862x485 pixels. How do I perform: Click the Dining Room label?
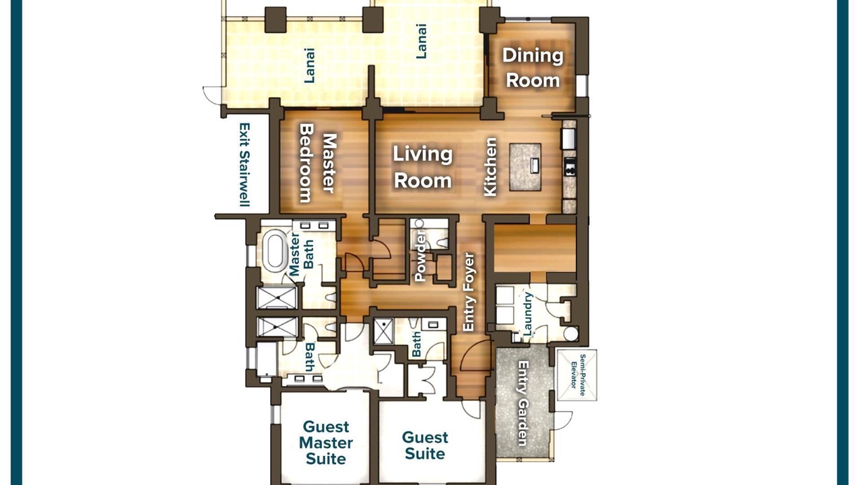pos(533,68)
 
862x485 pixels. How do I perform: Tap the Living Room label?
pos(422,168)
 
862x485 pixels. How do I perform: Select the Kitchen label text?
pos(490,167)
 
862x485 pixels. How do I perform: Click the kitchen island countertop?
pos(525,167)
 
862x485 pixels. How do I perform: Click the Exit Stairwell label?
pos(244,164)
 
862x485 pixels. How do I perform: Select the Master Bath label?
pos(301,255)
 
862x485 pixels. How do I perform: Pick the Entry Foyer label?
pos(468,292)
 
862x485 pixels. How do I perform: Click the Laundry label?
pos(527,313)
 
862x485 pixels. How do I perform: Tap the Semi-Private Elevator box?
pos(577,375)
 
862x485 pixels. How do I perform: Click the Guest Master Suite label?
pos(325,443)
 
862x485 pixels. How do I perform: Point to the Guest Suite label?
pos(425,445)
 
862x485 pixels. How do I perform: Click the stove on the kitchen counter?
pos(570,166)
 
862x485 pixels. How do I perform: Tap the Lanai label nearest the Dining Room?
pos(422,41)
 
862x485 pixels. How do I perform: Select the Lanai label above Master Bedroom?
pos(309,65)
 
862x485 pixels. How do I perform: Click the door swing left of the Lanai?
pos(212,95)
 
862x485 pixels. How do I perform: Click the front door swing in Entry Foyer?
pos(475,356)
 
